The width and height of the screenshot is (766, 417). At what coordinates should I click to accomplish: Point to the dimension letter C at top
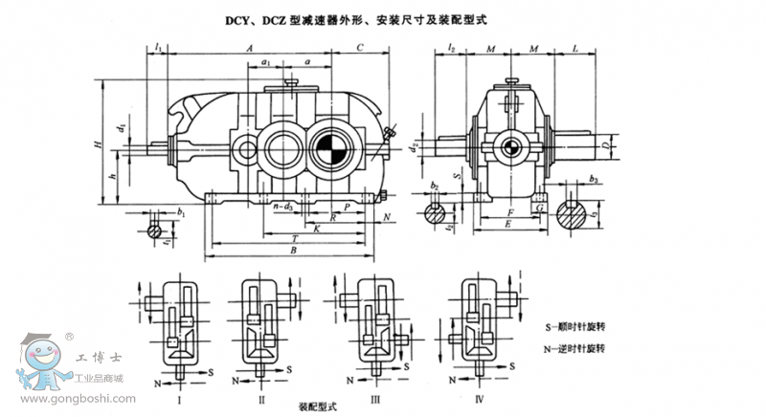(358, 46)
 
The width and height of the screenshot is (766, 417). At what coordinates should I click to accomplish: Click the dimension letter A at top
(248, 46)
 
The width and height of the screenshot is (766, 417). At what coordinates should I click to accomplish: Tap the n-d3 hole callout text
(282, 206)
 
